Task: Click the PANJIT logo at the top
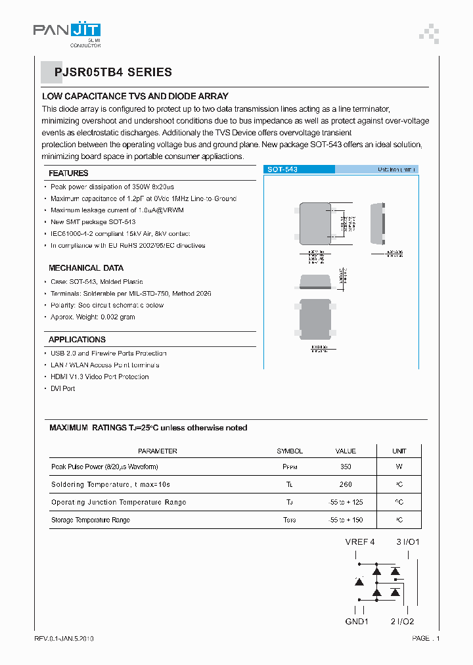tap(66, 30)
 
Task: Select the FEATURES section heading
tap(68, 173)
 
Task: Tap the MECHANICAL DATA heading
tap(86, 268)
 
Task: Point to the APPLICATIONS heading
tap(77, 340)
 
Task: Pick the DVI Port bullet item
tap(63, 388)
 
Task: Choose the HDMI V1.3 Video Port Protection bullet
tap(100, 377)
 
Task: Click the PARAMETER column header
tap(158, 451)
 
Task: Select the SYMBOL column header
tap(290, 451)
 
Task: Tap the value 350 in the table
tap(346, 467)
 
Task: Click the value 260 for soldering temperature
tap(346, 485)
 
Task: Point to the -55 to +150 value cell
tap(346, 520)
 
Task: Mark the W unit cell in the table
tap(399, 467)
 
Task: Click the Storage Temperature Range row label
tap(91, 520)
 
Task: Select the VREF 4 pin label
tap(360, 542)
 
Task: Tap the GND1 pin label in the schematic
tap(357, 622)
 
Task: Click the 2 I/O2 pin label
tap(402, 622)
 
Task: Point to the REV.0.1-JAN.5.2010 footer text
tap(64, 639)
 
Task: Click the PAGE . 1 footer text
tap(426, 639)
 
